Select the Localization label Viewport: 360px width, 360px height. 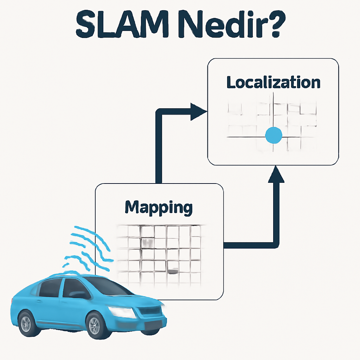pyautogui.click(x=273, y=82)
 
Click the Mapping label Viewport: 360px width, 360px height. pyautogui.click(x=159, y=208)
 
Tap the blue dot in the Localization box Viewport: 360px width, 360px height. pyautogui.click(x=273, y=135)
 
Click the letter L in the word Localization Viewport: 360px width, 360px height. pyautogui.click(x=231, y=83)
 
